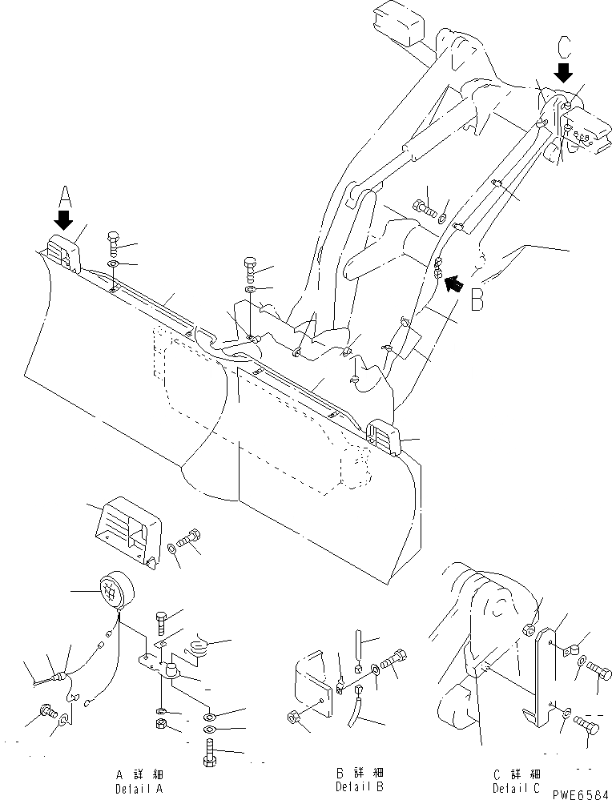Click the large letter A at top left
(65, 196)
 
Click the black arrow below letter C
(565, 72)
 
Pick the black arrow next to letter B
(453, 281)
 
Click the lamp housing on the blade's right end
(386, 436)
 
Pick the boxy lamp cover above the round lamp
(127, 533)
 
